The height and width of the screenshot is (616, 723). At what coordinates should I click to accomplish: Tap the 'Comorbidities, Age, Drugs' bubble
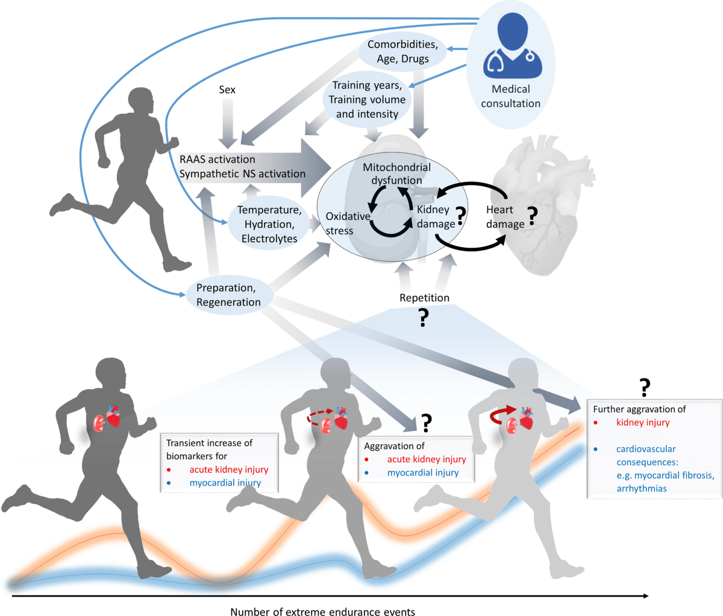pos(402,52)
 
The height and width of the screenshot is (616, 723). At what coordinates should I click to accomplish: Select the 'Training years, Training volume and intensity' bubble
pos(367,99)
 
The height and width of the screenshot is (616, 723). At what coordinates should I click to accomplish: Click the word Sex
pos(227,90)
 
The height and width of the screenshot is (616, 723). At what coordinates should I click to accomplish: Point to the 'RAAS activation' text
pos(218,160)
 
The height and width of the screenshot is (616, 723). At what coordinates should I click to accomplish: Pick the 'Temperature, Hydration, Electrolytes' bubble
pos(269,224)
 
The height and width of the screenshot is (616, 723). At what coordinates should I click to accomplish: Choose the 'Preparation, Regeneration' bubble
pos(228,295)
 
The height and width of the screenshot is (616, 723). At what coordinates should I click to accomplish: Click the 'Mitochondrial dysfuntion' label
pos(396,174)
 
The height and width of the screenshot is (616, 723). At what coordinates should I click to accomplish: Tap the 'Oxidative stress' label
pos(348,223)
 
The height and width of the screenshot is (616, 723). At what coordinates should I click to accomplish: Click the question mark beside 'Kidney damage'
pos(461,216)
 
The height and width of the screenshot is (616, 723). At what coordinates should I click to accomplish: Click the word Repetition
pos(424,298)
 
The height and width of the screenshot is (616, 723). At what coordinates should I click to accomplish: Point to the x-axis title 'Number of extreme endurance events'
pos(322,612)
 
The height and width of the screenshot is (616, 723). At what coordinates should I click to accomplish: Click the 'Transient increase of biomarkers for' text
pos(209,449)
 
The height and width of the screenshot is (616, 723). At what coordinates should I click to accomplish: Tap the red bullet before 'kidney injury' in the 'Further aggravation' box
pos(596,423)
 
